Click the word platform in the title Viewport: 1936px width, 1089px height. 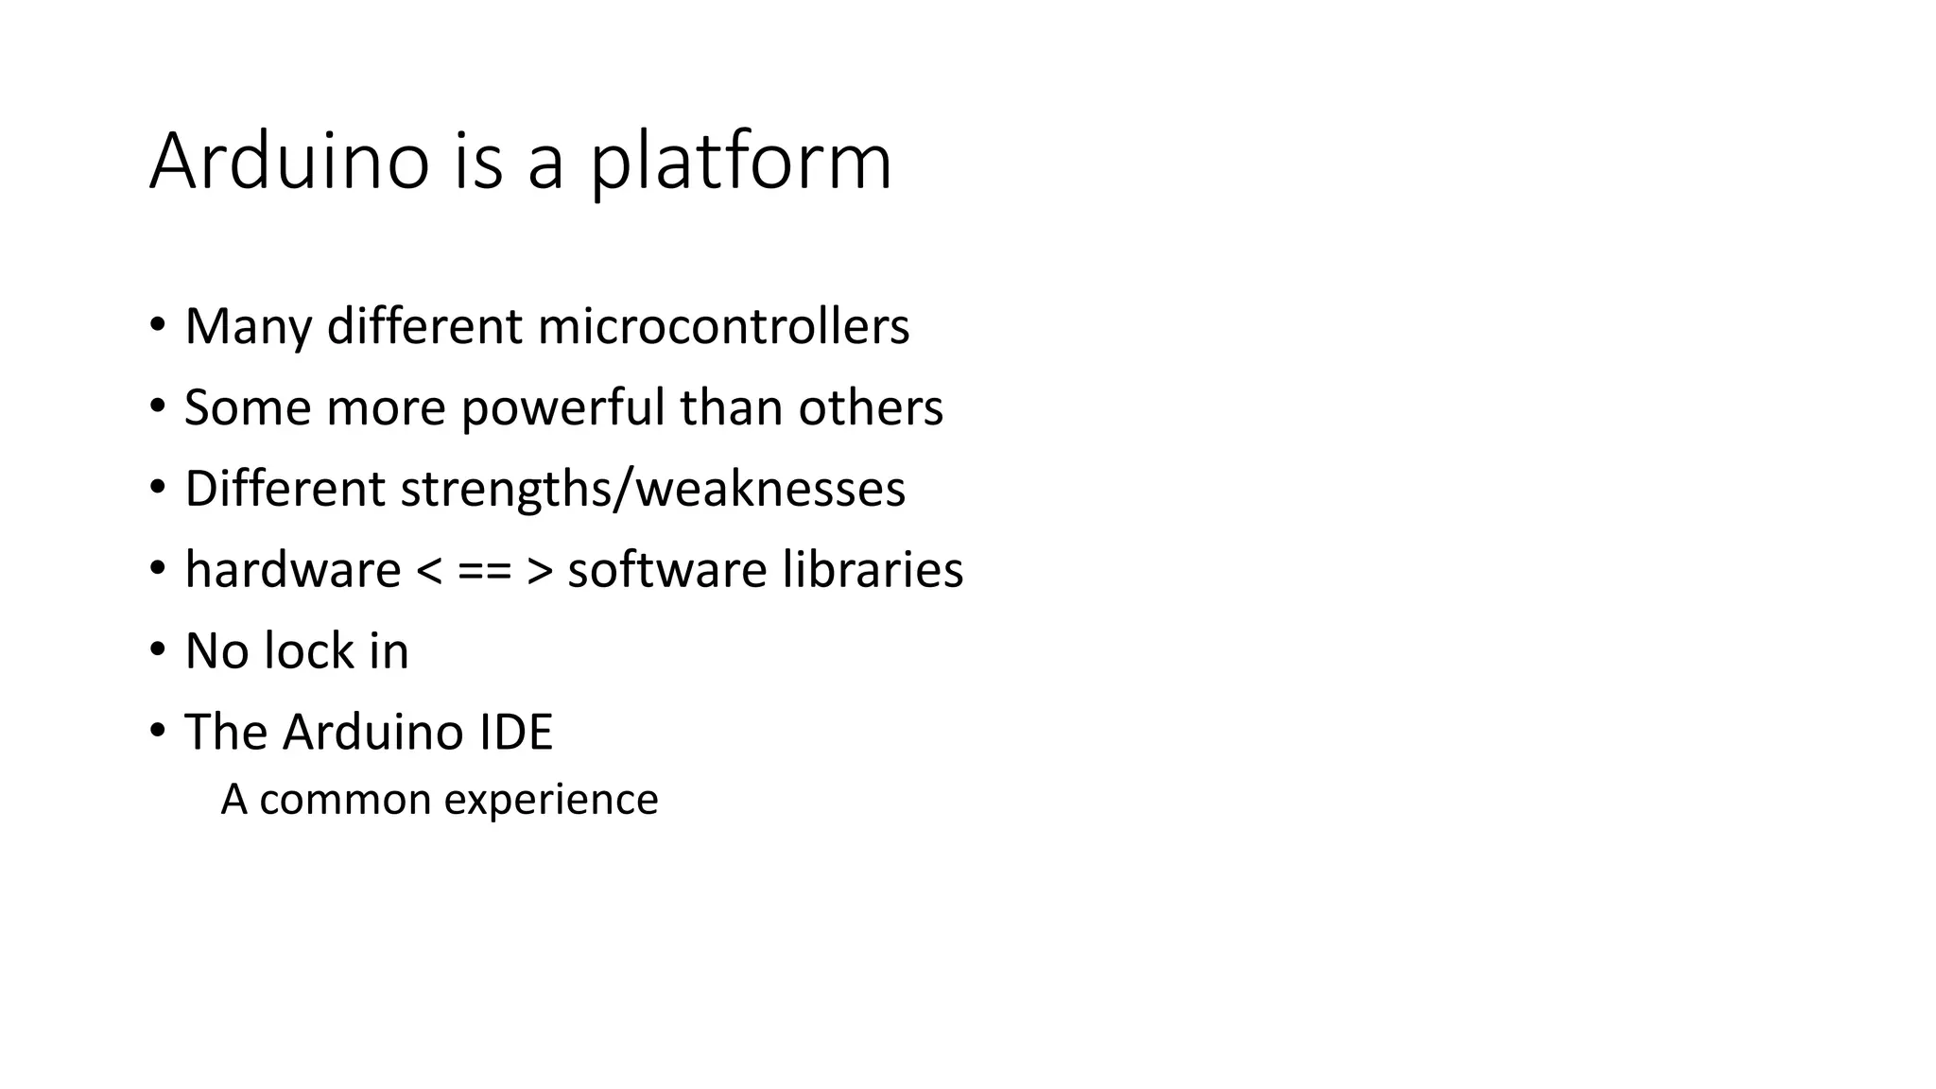tap(740, 163)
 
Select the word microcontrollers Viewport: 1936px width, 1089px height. tap(723, 326)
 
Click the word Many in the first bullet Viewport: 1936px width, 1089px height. tap(248, 326)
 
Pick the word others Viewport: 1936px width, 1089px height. tap(871, 407)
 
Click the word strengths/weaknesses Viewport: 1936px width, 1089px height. tap(652, 489)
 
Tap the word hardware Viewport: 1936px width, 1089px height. tap(293, 570)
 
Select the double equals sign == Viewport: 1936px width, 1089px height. tap(484, 571)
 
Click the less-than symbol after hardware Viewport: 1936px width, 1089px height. tap(428, 571)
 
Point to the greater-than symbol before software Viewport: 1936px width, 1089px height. tap(540, 571)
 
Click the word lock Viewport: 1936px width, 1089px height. tap(310, 651)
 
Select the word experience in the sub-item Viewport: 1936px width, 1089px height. tap(551, 801)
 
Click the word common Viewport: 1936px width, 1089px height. tap(345, 801)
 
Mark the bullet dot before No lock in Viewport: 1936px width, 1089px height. tap(157, 650)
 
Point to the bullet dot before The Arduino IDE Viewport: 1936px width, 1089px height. tap(157, 732)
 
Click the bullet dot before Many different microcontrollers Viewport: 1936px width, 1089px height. tap(157, 325)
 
